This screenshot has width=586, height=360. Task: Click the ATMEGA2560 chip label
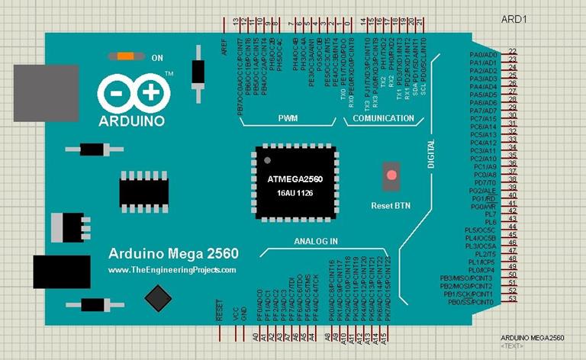pyautogui.click(x=295, y=179)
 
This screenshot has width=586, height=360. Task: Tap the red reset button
pyautogui.click(x=391, y=175)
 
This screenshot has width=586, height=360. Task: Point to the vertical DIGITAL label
pyautogui.click(x=431, y=155)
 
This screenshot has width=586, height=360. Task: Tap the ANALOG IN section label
pyautogui.click(x=315, y=241)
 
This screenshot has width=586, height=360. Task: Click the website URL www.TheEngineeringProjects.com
pyautogui.click(x=172, y=270)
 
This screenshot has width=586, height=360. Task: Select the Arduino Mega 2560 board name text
pyautogui.click(x=174, y=254)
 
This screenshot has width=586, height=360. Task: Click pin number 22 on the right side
pyautogui.click(x=512, y=51)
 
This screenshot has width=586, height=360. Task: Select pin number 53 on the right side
pyautogui.click(x=512, y=298)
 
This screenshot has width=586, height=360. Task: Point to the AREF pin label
pyautogui.click(x=224, y=47)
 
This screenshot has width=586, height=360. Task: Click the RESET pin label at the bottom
pyautogui.click(x=220, y=310)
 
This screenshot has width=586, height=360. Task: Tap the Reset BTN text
pyautogui.click(x=391, y=205)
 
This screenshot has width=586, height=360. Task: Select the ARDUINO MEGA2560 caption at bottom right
pyautogui.click(x=532, y=337)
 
